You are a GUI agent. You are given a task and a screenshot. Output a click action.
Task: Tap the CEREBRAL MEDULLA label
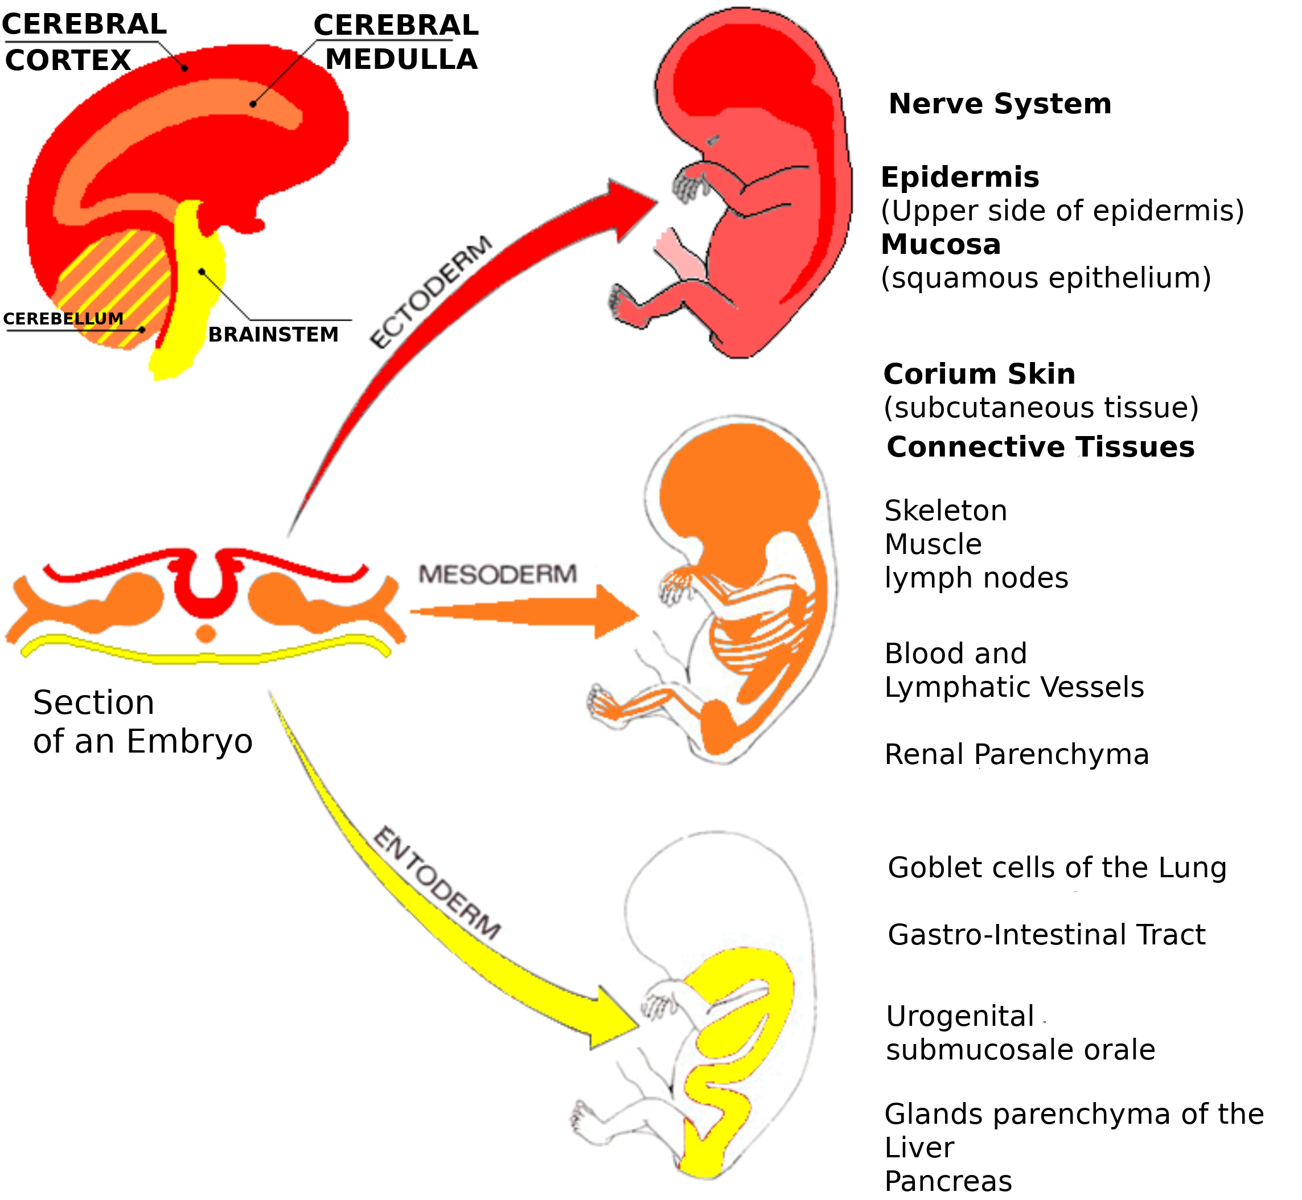coord(397,42)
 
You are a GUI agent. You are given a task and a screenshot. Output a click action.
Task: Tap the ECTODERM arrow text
coord(430,292)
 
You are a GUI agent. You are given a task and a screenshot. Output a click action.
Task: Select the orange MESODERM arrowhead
coord(614,612)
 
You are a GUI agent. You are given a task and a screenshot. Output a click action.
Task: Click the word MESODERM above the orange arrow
coord(498,574)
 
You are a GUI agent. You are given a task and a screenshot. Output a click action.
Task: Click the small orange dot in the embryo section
coord(206,634)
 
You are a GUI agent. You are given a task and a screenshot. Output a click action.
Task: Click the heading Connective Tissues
coord(1040,447)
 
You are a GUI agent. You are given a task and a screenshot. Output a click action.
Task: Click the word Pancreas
coord(948,1181)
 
